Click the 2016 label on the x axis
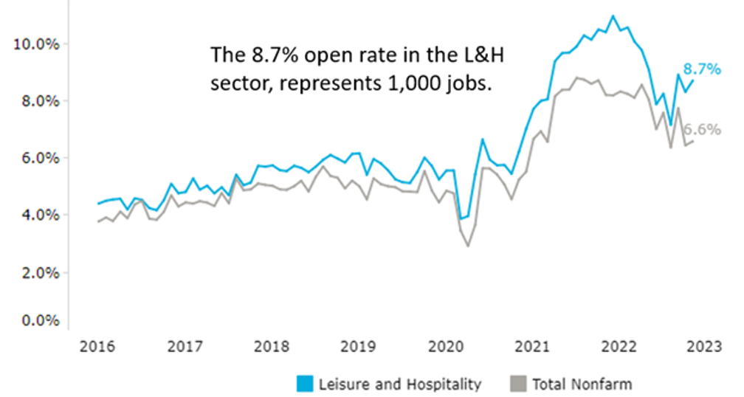tap(96, 348)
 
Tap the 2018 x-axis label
tap(269, 348)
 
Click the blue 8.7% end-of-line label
tap(701, 69)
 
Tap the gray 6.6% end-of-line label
tap(703, 130)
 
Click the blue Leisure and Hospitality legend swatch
tap(304, 384)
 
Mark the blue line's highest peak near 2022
tap(613, 15)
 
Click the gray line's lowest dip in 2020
tap(468, 245)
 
